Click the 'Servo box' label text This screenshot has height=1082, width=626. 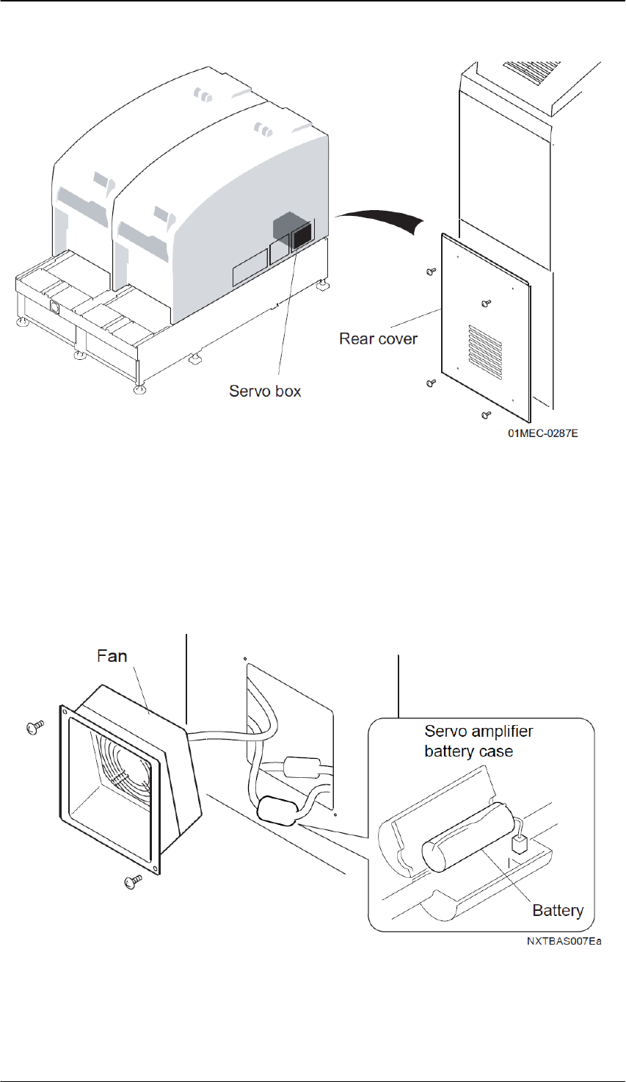(x=265, y=391)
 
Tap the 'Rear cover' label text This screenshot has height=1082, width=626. (x=378, y=339)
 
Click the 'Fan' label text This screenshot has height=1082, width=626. (x=112, y=656)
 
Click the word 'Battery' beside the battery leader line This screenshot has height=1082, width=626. (x=558, y=911)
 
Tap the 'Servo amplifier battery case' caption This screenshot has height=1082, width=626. (x=478, y=742)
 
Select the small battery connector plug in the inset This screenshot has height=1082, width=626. (x=520, y=845)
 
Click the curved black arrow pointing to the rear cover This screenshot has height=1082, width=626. (x=382, y=218)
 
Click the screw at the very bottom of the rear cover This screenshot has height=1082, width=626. (x=486, y=416)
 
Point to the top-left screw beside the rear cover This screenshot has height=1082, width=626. (x=431, y=272)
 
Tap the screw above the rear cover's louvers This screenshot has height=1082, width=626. (x=484, y=303)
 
